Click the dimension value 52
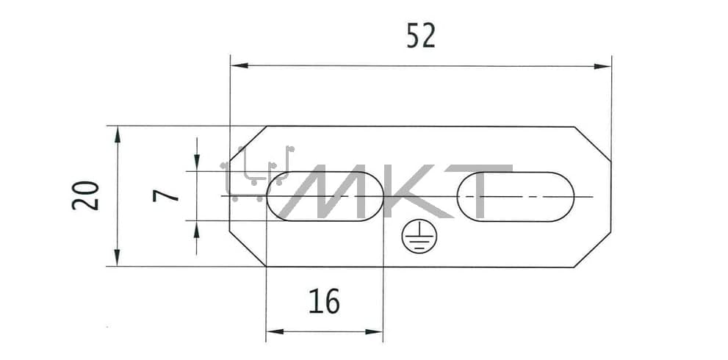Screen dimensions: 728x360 pyautogui.click(x=421, y=36)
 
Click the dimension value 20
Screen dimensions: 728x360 pyautogui.click(x=85, y=195)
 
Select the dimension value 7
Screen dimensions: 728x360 pyautogui.click(x=166, y=196)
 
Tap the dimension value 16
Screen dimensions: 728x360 pyautogui.click(x=324, y=301)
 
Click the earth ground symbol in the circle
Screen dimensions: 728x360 pyautogui.click(x=419, y=236)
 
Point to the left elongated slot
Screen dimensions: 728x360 pyautogui.click(x=325, y=196)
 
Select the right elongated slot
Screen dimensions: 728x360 pyautogui.click(x=516, y=196)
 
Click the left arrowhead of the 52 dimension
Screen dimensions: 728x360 pyautogui.click(x=239, y=65)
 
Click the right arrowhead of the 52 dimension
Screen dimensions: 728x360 pyautogui.click(x=602, y=66)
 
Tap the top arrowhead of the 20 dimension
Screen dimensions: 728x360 pyautogui.click(x=117, y=134)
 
